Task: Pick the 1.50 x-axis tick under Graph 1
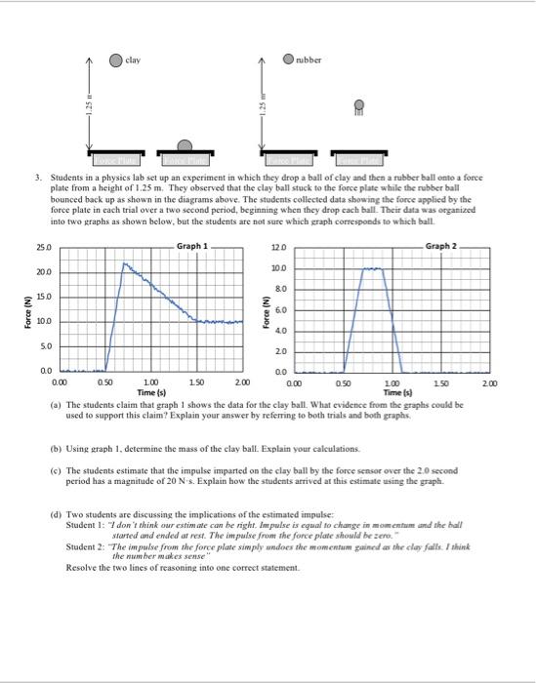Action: point(197,381)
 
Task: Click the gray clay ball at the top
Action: point(116,59)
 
